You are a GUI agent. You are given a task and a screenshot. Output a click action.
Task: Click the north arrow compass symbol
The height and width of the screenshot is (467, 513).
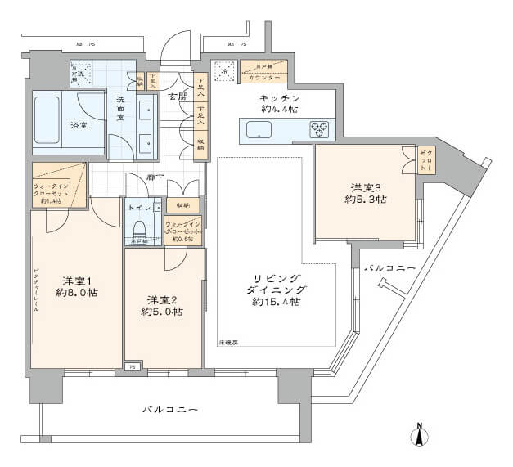click(x=418, y=433)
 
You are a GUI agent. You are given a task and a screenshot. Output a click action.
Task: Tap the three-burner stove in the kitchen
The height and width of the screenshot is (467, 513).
click(x=319, y=129)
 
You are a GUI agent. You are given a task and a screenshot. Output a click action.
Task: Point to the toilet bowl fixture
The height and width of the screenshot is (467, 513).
click(x=137, y=226)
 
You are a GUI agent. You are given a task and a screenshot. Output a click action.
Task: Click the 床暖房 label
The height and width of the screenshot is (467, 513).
click(x=228, y=342)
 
